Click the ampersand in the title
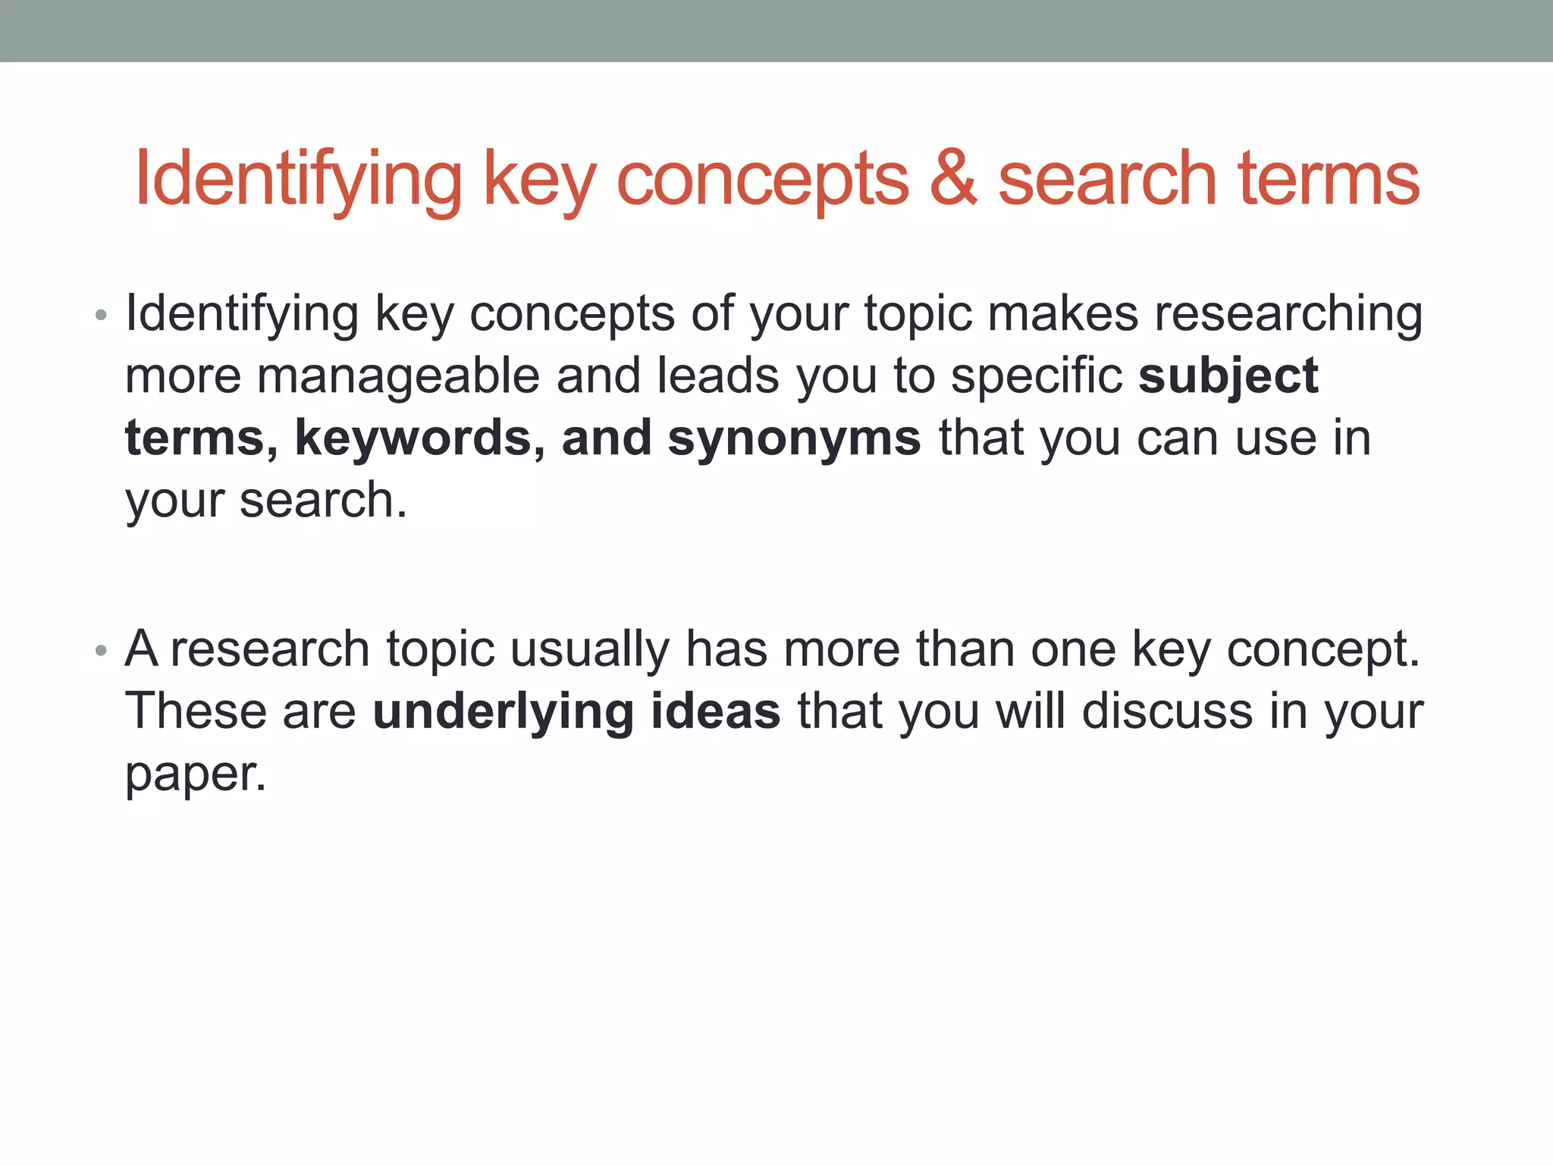pos(953,179)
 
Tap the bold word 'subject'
pos(1228,376)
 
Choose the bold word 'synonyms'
pos(794,438)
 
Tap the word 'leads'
pos(717,376)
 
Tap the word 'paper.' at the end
pos(196,774)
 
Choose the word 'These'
pos(196,712)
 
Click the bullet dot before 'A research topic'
pos(101,651)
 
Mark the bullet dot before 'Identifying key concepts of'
pos(101,315)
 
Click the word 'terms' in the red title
pos(1329,179)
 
